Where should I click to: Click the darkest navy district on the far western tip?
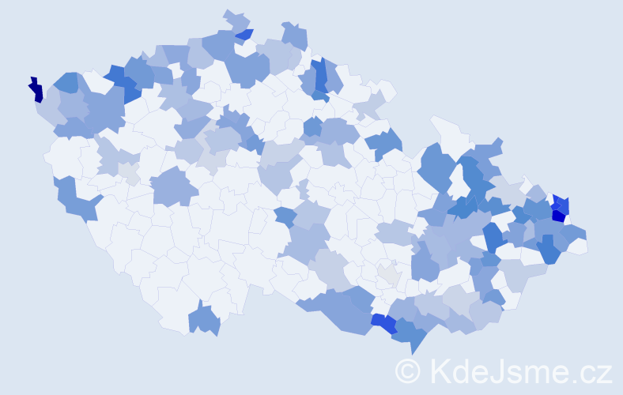36,90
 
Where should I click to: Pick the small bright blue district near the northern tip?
245,34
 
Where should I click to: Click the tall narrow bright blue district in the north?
320,77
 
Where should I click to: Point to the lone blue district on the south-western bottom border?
205,318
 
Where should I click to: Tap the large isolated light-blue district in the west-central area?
174,188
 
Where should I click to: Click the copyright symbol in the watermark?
408,371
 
